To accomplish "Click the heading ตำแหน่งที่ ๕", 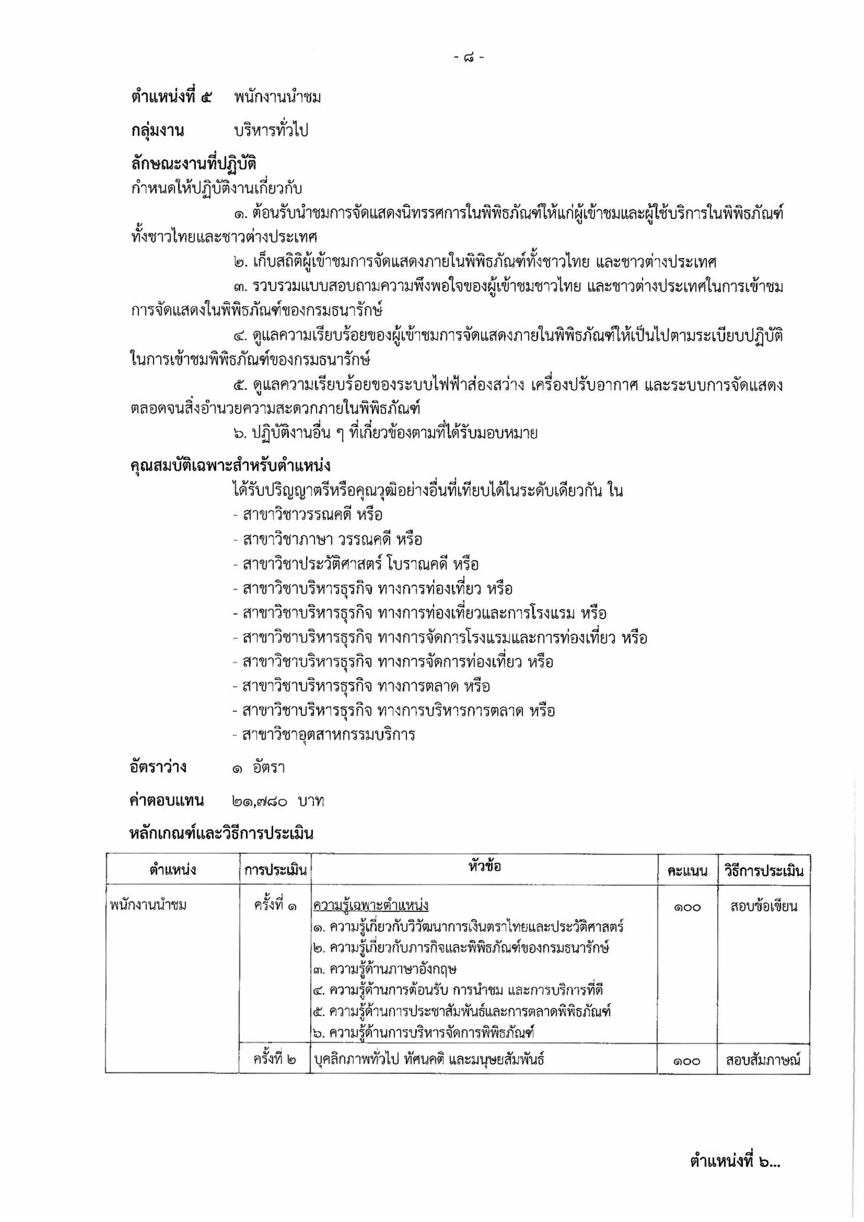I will [x=171, y=97].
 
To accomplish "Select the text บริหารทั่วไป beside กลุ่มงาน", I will [x=272, y=131].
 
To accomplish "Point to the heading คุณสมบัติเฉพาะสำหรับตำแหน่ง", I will [x=230, y=466].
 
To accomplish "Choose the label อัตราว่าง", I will [x=158, y=767].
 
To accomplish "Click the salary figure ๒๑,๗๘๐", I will [x=260, y=801].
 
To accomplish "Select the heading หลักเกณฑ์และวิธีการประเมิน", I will [x=221, y=833].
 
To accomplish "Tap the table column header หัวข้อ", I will [x=485, y=866].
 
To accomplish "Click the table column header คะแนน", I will [x=687, y=871].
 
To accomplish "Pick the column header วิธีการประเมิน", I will [x=763, y=871].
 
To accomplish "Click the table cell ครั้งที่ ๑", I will [x=275, y=905].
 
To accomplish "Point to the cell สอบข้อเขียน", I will [x=763, y=906].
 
